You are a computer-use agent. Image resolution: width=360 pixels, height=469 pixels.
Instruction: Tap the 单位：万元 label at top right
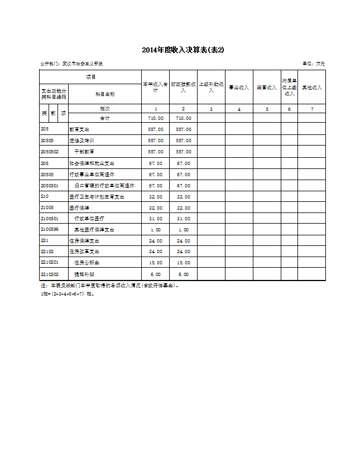[x=314, y=64]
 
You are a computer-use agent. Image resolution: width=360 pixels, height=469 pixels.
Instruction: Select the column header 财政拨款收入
[x=183, y=87]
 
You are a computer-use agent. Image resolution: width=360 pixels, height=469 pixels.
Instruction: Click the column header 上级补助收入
[x=211, y=87]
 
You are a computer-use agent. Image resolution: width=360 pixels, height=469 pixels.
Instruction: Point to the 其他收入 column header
[x=311, y=88]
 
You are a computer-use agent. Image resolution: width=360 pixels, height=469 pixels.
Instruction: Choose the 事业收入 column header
[x=239, y=88]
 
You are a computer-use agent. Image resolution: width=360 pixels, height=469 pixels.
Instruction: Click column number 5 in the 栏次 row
[x=267, y=109]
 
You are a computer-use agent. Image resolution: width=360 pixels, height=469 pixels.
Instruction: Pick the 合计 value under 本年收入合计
[x=156, y=118]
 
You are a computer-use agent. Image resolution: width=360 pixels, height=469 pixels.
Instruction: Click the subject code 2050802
[x=50, y=152]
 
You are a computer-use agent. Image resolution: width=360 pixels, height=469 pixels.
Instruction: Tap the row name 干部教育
[x=84, y=152]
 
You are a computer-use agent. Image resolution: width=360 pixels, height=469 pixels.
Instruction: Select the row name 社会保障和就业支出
[x=92, y=163]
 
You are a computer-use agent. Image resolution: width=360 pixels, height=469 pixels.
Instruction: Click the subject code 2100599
[x=50, y=230]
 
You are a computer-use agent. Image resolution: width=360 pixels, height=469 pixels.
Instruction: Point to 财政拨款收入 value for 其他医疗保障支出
[x=183, y=230]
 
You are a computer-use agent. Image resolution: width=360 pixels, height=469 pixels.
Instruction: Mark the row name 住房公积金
[x=87, y=262]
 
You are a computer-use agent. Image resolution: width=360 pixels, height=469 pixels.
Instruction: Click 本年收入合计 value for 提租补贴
[x=156, y=274]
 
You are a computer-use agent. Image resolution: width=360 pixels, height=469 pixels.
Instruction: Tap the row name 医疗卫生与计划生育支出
[x=97, y=196]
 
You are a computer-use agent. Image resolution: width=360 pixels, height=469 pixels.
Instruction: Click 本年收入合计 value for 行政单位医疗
[x=156, y=219]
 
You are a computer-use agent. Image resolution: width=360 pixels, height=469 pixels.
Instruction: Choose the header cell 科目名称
[x=105, y=94]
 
